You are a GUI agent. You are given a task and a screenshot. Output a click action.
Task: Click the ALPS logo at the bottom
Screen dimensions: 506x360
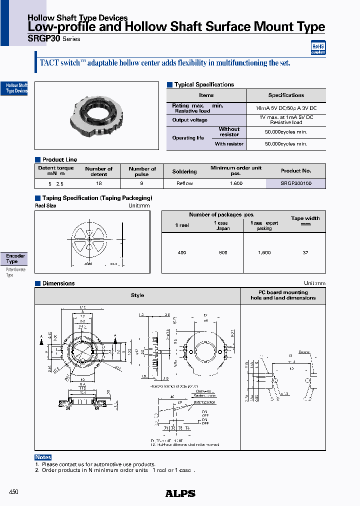[x=180, y=493]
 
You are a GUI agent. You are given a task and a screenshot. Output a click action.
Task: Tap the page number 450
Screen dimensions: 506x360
[x=13, y=492]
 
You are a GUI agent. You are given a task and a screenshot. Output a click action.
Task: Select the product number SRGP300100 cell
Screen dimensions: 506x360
[x=295, y=183]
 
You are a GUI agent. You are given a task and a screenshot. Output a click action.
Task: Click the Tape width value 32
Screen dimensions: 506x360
[x=305, y=252]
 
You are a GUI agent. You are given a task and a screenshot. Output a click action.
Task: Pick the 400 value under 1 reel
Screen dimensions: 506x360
[x=182, y=252]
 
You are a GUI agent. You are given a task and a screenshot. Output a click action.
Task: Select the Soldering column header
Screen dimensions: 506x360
[x=184, y=171]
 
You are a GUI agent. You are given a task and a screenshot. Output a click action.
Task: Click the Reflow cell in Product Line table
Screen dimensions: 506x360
[x=184, y=183]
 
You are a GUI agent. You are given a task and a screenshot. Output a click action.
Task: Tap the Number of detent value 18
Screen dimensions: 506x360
[x=98, y=183]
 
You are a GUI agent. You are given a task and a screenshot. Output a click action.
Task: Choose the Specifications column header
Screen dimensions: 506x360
[x=286, y=95]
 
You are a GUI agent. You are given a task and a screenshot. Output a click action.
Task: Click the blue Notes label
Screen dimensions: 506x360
[x=43, y=457]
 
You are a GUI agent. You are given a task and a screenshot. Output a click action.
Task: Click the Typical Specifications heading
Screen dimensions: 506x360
[x=203, y=84]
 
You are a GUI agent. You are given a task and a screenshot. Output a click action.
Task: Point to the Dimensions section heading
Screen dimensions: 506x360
[x=58, y=283]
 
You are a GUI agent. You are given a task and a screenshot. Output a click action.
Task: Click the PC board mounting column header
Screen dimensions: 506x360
[x=283, y=295]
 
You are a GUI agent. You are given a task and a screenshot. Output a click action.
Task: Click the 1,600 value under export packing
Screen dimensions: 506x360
[x=264, y=252]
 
